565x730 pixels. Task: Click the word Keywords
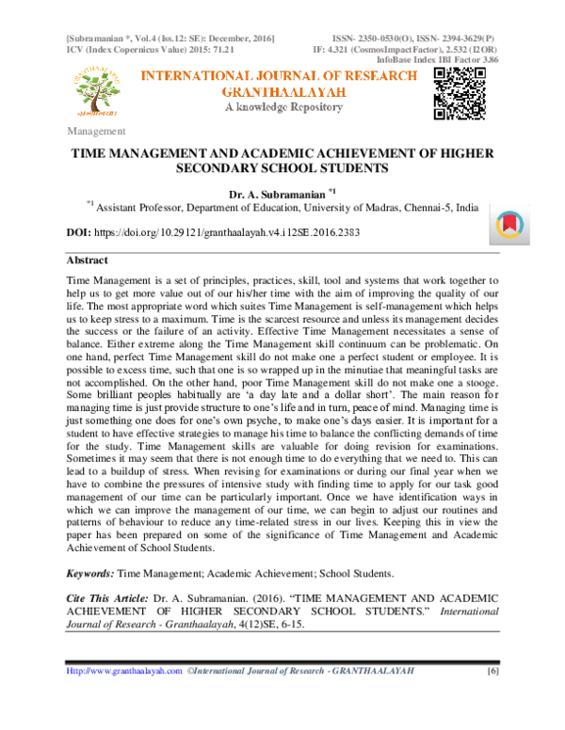click(91, 573)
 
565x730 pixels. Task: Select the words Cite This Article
click(106, 599)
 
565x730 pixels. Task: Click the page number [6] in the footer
click(492, 697)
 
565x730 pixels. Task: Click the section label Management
click(96, 131)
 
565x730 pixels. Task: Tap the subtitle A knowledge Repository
click(282, 108)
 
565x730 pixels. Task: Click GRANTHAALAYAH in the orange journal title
click(282, 92)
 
